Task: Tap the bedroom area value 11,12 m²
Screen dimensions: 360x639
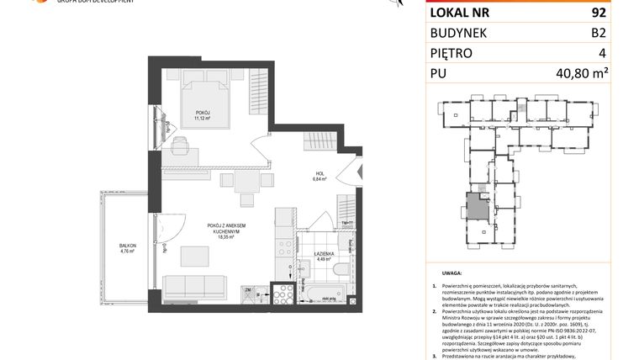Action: pyautogui.click(x=203, y=119)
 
